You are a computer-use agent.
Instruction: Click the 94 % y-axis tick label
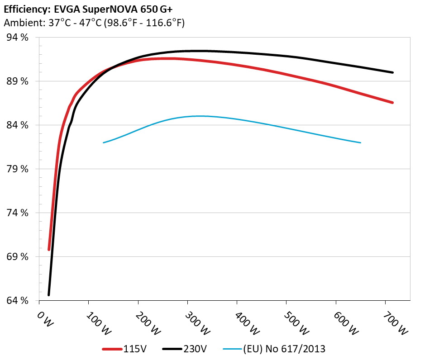pyautogui.click(x=18, y=38)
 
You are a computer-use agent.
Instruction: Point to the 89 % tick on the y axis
pyautogui.click(x=18, y=81)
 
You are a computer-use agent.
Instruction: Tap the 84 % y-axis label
pyautogui.click(x=18, y=125)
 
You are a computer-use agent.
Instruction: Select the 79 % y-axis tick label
pyautogui.click(x=18, y=169)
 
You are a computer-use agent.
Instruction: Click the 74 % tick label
pyautogui.click(x=18, y=213)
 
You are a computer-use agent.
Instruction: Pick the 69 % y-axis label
pyautogui.click(x=18, y=257)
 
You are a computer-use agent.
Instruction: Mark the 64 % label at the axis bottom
pyautogui.click(x=18, y=301)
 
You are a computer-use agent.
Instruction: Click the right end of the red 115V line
pyautogui.click(x=393, y=103)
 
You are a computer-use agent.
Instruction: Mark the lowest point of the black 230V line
pyautogui.click(x=48, y=295)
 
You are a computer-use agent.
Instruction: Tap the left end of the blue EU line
pyautogui.click(x=104, y=143)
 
